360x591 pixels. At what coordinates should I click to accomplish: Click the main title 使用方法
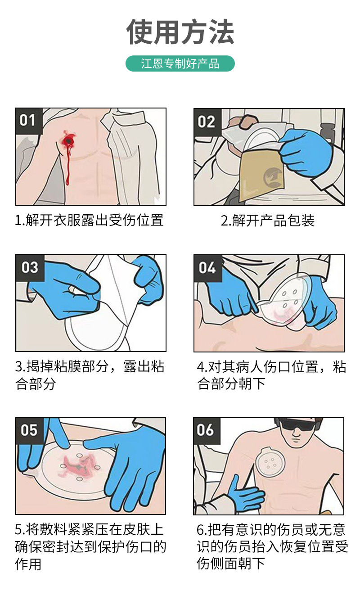point(180,32)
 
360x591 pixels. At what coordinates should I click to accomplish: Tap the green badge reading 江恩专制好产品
point(180,63)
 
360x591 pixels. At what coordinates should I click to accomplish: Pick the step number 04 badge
point(207,268)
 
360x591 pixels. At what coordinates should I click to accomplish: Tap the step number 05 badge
point(29,430)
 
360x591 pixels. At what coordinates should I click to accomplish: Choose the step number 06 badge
point(206,430)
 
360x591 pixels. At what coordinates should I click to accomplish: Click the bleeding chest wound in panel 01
point(69,141)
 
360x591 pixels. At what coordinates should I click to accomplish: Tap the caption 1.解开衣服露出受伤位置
point(89,221)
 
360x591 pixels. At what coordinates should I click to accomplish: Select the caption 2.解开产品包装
point(268,221)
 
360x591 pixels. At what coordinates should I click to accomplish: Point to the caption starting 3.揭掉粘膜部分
point(90,375)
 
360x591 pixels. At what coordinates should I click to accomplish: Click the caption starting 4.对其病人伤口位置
point(271,375)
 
